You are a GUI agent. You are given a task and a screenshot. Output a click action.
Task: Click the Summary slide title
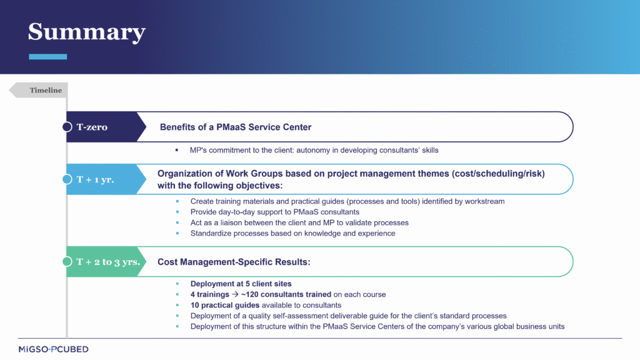click(87, 31)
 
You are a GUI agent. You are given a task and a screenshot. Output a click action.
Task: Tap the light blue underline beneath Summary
click(48, 57)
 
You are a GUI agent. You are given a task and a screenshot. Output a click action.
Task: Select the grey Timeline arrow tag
click(39, 91)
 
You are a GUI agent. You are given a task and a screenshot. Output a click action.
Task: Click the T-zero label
click(92, 127)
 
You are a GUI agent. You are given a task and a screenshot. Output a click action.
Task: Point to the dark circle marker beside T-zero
click(67, 127)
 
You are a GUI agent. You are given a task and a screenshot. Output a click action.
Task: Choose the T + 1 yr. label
click(96, 179)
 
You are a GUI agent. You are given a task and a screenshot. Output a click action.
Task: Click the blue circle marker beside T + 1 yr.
click(67, 179)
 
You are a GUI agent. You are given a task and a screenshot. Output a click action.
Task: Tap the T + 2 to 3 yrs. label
click(107, 262)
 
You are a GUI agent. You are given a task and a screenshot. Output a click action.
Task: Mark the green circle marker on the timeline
click(67, 262)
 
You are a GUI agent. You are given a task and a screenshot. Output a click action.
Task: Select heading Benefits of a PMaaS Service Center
click(236, 127)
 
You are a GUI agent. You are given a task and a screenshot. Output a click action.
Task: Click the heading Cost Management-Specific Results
click(234, 262)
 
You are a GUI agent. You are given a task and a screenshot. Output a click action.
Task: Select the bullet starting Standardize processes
click(292, 233)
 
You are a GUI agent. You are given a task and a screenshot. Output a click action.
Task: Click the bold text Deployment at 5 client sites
click(241, 284)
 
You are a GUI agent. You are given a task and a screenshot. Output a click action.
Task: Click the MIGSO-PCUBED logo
click(53, 348)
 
